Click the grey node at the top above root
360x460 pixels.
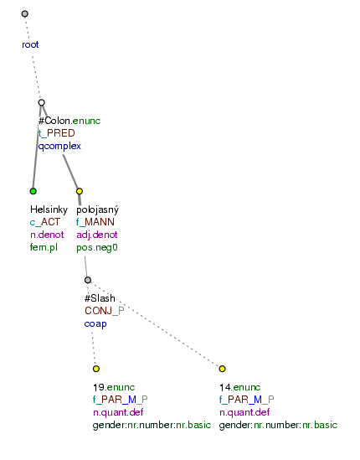pyautogui.click(x=25, y=13)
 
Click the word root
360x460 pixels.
pyautogui.click(x=30, y=44)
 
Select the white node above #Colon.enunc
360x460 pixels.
pyautogui.click(x=42, y=102)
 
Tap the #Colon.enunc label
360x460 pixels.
pyautogui.click(x=69, y=121)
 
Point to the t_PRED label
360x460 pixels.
pyautogui.click(x=57, y=133)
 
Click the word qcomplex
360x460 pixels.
pyautogui.click(x=59, y=146)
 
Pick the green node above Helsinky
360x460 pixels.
pyautogui.click(x=33, y=191)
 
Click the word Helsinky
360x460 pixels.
pyautogui.click(x=49, y=209)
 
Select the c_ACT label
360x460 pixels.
pyautogui.click(x=45, y=222)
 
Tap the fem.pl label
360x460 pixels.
pyautogui.click(x=44, y=247)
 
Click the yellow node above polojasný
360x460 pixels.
pyautogui.click(x=80, y=191)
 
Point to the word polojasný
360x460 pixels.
pyautogui.click(x=98, y=209)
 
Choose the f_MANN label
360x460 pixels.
pyautogui.click(x=95, y=222)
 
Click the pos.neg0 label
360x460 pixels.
pyautogui.click(x=97, y=248)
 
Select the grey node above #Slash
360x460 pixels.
pyautogui.click(x=88, y=280)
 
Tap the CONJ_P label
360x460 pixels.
pyautogui.click(x=105, y=311)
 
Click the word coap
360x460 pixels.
pyautogui.click(x=95, y=324)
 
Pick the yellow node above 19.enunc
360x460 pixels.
pyautogui.click(x=96, y=369)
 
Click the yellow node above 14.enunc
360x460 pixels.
pyautogui.click(x=222, y=369)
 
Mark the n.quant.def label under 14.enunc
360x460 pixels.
pyautogui.click(x=244, y=412)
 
